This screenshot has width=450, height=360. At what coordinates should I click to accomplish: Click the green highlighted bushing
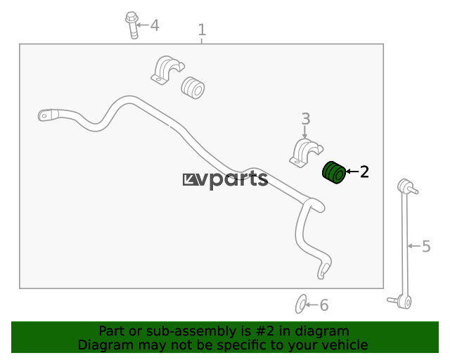(334, 172)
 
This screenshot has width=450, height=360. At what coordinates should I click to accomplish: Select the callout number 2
(364, 172)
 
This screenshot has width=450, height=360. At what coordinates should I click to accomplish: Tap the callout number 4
(155, 25)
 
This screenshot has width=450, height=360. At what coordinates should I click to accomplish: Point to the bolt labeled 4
(132, 25)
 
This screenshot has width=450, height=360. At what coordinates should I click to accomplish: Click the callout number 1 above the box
(202, 30)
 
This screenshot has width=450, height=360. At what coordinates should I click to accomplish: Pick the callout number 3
(306, 119)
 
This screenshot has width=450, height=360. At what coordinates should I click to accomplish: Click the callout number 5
(426, 246)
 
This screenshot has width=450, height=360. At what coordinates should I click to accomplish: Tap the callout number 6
(324, 305)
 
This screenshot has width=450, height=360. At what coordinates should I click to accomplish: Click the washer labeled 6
(301, 304)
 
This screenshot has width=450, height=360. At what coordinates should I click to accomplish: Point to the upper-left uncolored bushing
(193, 88)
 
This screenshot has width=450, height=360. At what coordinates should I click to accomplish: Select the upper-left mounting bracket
(167, 70)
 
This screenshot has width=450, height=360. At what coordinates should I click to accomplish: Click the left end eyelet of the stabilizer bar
(45, 115)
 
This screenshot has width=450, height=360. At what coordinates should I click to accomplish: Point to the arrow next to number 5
(414, 246)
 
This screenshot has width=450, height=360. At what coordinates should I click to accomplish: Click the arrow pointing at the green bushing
(352, 172)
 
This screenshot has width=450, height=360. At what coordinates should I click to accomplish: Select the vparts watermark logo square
(191, 180)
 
